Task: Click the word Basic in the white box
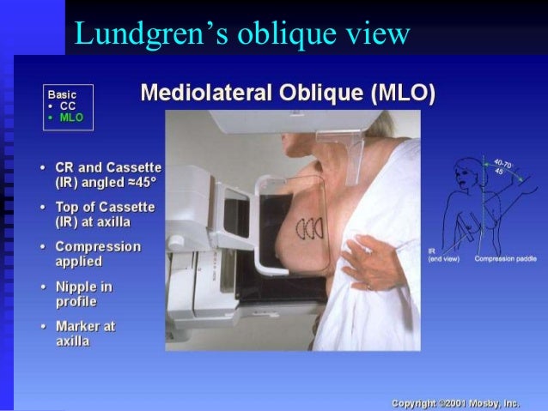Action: pos(62,94)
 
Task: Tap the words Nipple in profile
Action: pos(83,293)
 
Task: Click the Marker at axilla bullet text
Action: pos(84,334)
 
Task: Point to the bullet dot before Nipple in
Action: pos(42,287)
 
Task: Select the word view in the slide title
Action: pos(370,33)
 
